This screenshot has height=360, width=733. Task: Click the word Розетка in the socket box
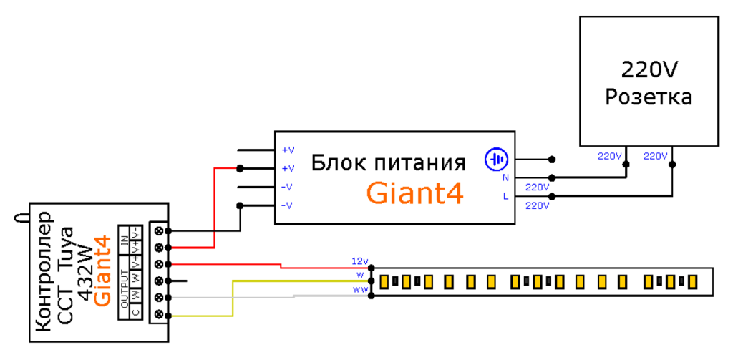tap(649, 97)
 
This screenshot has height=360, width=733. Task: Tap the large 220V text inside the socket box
tap(649, 70)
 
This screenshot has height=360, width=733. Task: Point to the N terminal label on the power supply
tap(505, 177)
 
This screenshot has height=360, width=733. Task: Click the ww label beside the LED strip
tap(359, 289)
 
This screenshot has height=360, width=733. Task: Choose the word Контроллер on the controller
tap(43, 271)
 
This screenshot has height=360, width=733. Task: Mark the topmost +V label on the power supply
tap(288, 150)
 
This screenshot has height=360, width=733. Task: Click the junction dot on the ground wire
tap(551, 160)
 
